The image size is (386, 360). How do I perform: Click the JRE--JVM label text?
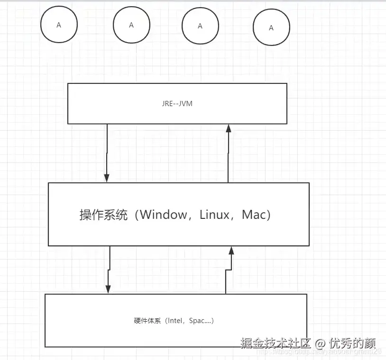click(x=177, y=104)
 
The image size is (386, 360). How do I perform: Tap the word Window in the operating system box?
click(x=164, y=215)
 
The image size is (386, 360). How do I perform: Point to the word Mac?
click(x=253, y=215)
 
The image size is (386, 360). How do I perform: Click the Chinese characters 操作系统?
click(x=103, y=215)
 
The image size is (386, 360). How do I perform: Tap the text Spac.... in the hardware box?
click(x=201, y=321)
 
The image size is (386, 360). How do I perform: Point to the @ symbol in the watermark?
click(x=320, y=342)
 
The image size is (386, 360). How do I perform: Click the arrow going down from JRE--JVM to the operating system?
click(x=107, y=152)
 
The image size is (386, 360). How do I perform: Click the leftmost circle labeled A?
click(x=59, y=26)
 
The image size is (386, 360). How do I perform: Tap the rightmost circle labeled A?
click(x=271, y=28)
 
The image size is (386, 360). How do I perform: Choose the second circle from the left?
click(x=131, y=25)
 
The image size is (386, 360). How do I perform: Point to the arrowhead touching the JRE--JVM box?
click(x=228, y=128)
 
